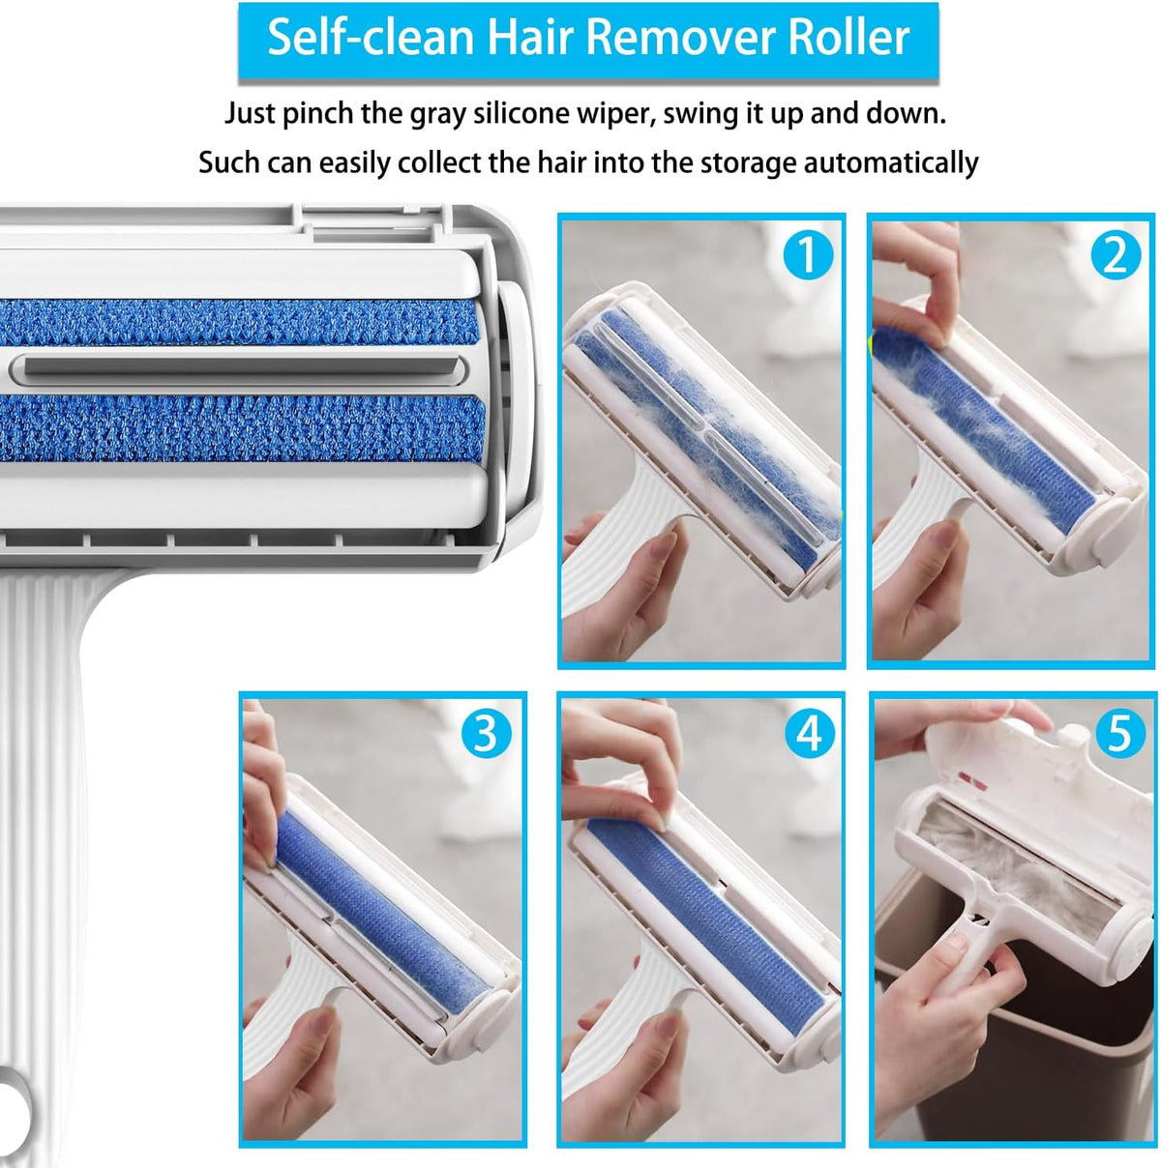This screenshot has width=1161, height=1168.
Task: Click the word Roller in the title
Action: (x=848, y=38)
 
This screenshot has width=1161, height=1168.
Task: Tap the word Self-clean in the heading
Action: (x=371, y=38)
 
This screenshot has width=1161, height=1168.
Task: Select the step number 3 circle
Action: (x=485, y=734)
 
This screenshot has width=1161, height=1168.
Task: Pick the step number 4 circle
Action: (x=808, y=734)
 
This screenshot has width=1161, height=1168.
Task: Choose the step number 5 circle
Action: (x=1119, y=734)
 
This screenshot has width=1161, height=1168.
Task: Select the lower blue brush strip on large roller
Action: (x=242, y=427)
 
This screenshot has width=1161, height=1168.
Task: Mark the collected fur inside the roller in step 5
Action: (x=1006, y=851)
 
